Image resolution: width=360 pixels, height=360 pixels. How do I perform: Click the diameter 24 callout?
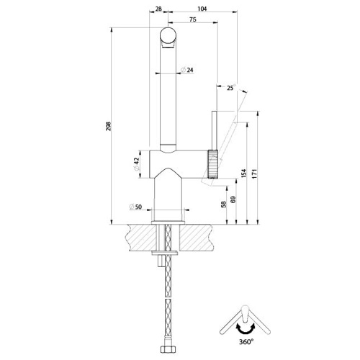pyautogui.click(x=188, y=70)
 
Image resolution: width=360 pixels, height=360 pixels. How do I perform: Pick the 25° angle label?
pyautogui.click(x=230, y=88)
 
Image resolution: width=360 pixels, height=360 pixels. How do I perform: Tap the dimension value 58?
pyautogui.click(x=223, y=205)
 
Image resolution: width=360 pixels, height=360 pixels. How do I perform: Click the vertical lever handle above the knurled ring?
pyautogui.click(x=214, y=130)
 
